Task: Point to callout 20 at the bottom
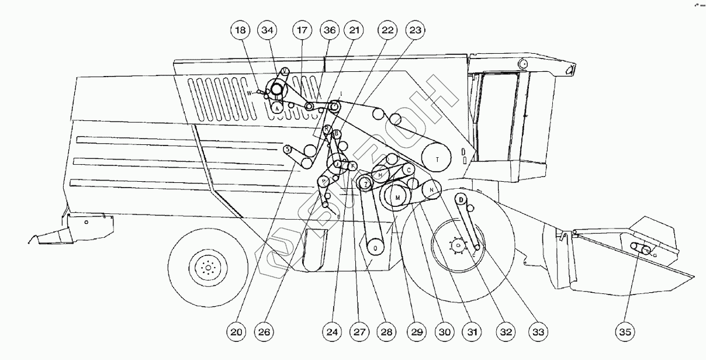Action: coord(237,332)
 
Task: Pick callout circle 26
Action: coord(264,332)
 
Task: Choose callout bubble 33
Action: coord(538,332)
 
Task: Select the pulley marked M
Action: coord(397,198)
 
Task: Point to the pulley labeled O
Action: coord(375,247)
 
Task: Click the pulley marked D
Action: coord(461,199)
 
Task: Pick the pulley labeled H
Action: coord(380,174)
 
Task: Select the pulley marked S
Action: coord(288,150)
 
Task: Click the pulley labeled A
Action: coord(277,108)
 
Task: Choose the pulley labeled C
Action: coord(410,169)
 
